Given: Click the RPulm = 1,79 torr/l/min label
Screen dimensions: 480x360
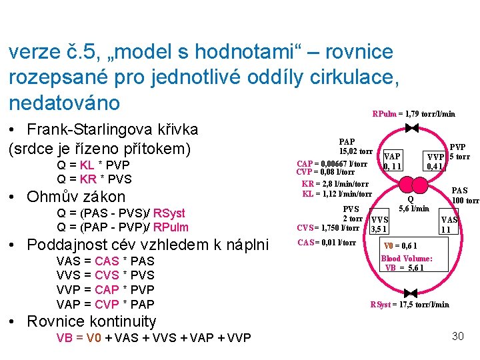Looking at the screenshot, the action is point(414,114).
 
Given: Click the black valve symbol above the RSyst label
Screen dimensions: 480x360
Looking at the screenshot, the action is point(411,293).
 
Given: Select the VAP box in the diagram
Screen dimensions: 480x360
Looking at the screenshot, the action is point(393,160).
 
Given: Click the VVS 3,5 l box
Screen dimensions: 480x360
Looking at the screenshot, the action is point(379,225).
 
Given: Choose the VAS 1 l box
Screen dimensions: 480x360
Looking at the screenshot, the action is point(449,225).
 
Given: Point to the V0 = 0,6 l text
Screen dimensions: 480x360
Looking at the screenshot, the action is point(401,246).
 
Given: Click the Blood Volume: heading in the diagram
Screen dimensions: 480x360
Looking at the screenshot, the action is point(407,259).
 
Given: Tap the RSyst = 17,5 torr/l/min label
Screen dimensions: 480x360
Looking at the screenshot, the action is point(409,305).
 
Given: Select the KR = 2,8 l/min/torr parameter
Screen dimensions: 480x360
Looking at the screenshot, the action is point(335,184).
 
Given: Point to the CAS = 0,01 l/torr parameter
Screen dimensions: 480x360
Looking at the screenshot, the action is point(326,242).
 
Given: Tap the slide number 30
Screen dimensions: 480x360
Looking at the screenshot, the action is point(457,336).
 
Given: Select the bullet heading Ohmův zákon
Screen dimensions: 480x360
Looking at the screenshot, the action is point(75,197).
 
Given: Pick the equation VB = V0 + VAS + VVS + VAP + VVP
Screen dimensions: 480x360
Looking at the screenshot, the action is point(153,338).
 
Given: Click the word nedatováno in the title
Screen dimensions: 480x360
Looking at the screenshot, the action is point(65,103).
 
